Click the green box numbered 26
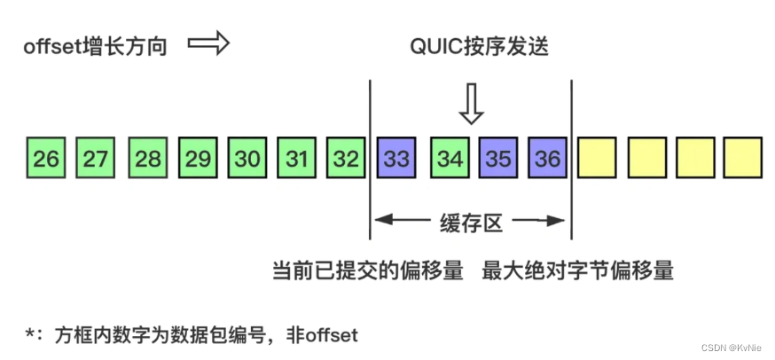click(46, 159)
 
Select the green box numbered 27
click(96, 159)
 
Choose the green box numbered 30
click(248, 159)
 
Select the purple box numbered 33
click(397, 159)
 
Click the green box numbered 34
click(450, 159)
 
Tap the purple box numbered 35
click(499, 159)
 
